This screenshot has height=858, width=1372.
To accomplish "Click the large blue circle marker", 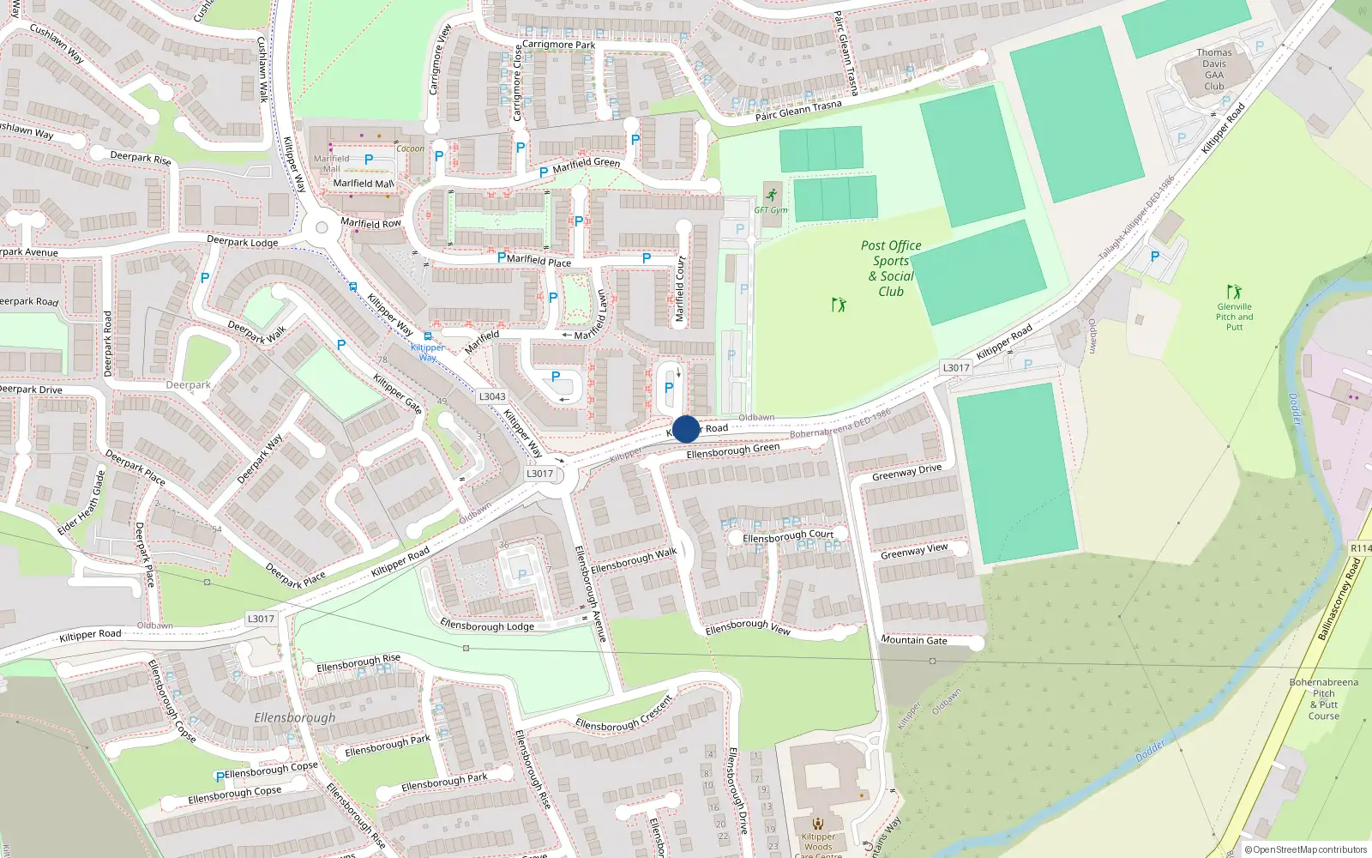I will [686, 429].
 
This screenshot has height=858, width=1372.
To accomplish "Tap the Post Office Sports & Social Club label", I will [891, 268].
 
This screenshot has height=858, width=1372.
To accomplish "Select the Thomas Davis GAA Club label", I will [1214, 69].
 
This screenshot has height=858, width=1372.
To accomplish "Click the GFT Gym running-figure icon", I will [772, 195].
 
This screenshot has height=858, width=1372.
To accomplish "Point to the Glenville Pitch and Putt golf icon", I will [1234, 292].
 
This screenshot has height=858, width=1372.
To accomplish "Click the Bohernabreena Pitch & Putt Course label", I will [1323, 699].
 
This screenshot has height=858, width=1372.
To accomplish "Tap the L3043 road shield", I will [492, 396].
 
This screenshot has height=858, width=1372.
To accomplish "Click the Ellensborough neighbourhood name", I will [294, 717].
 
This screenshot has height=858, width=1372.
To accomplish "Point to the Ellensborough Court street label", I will [787, 536].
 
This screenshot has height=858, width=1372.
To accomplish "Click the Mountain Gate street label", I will [914, 640].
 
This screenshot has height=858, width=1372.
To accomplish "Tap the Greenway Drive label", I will [906, 472].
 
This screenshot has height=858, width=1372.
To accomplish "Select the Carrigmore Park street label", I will [558, 45].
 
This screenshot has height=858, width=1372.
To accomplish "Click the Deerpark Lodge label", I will [243, 242].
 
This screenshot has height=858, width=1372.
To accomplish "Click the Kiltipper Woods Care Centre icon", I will [818, 824].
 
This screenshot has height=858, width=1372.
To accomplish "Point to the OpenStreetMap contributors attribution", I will [1305, 849].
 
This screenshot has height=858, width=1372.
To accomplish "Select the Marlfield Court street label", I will [680, 289].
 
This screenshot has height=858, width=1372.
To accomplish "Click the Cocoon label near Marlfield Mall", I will [410, 148].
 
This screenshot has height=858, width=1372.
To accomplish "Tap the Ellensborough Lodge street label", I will [486, 625].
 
